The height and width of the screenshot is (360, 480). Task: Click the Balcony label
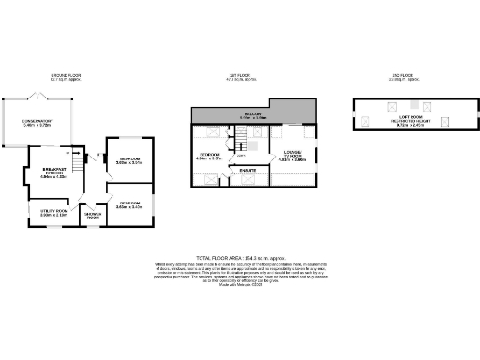click(x=254, y=115)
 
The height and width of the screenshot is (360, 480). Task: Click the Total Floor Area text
click(x=240, y=256)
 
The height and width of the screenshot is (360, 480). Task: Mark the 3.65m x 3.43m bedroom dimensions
click(x=129, y=206)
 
